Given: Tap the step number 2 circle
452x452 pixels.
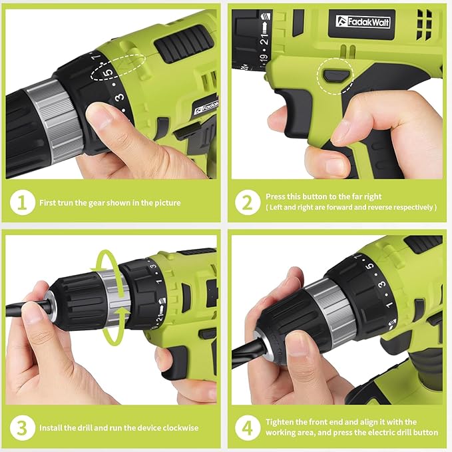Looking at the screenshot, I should point(248,202).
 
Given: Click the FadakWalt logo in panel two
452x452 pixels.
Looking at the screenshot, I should point(363,22).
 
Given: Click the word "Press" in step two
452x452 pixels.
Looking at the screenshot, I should point(277,197).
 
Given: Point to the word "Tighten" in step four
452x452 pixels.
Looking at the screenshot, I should point(282,422).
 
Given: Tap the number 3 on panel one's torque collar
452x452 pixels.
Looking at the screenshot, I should point(119,98).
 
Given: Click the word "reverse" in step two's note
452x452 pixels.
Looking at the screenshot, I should point(389,208).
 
